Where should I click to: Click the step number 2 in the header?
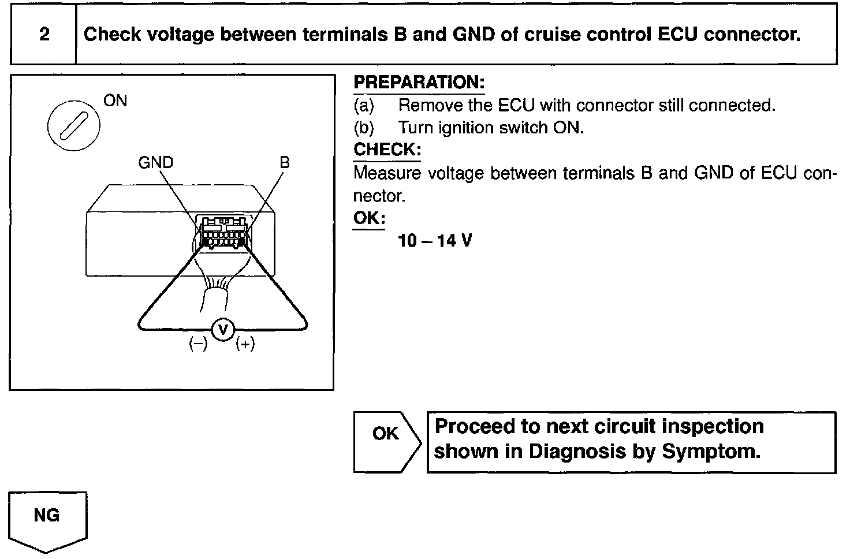coord(44,35)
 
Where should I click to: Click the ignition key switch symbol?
coord(73,125)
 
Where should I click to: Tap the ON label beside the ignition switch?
coord(115,101)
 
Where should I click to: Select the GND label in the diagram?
coord(155,163)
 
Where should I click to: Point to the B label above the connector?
coord(285,163)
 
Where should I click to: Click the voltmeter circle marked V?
coord(222,329)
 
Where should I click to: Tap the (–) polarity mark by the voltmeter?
coord(198,344)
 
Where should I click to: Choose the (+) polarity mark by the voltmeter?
coord(245,344)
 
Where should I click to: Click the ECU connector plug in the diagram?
coord(223,232)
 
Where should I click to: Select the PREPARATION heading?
coord(419,83)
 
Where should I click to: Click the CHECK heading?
coord(387,150)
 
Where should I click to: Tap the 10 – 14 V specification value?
coord(435,241)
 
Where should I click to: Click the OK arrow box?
coord(386,442)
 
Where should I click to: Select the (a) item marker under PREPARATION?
coord(363,106)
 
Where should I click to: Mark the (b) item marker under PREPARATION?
coord(363,128)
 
